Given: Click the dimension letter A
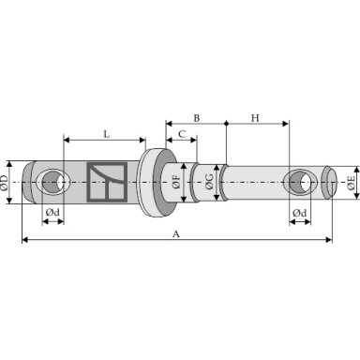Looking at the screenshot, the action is point(176,233).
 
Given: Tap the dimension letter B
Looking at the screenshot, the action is point(196,118).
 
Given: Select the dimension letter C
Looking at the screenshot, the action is point(182,134).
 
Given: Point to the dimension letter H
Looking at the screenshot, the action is point(255,118).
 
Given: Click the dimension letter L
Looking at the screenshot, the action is point(107,134).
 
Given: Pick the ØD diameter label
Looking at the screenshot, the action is point(4,183).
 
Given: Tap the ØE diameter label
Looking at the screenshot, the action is point(352,183).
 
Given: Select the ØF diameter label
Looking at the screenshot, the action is point(176,182).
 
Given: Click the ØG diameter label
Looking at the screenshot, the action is point(209,182).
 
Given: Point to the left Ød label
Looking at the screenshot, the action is point(52,213).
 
